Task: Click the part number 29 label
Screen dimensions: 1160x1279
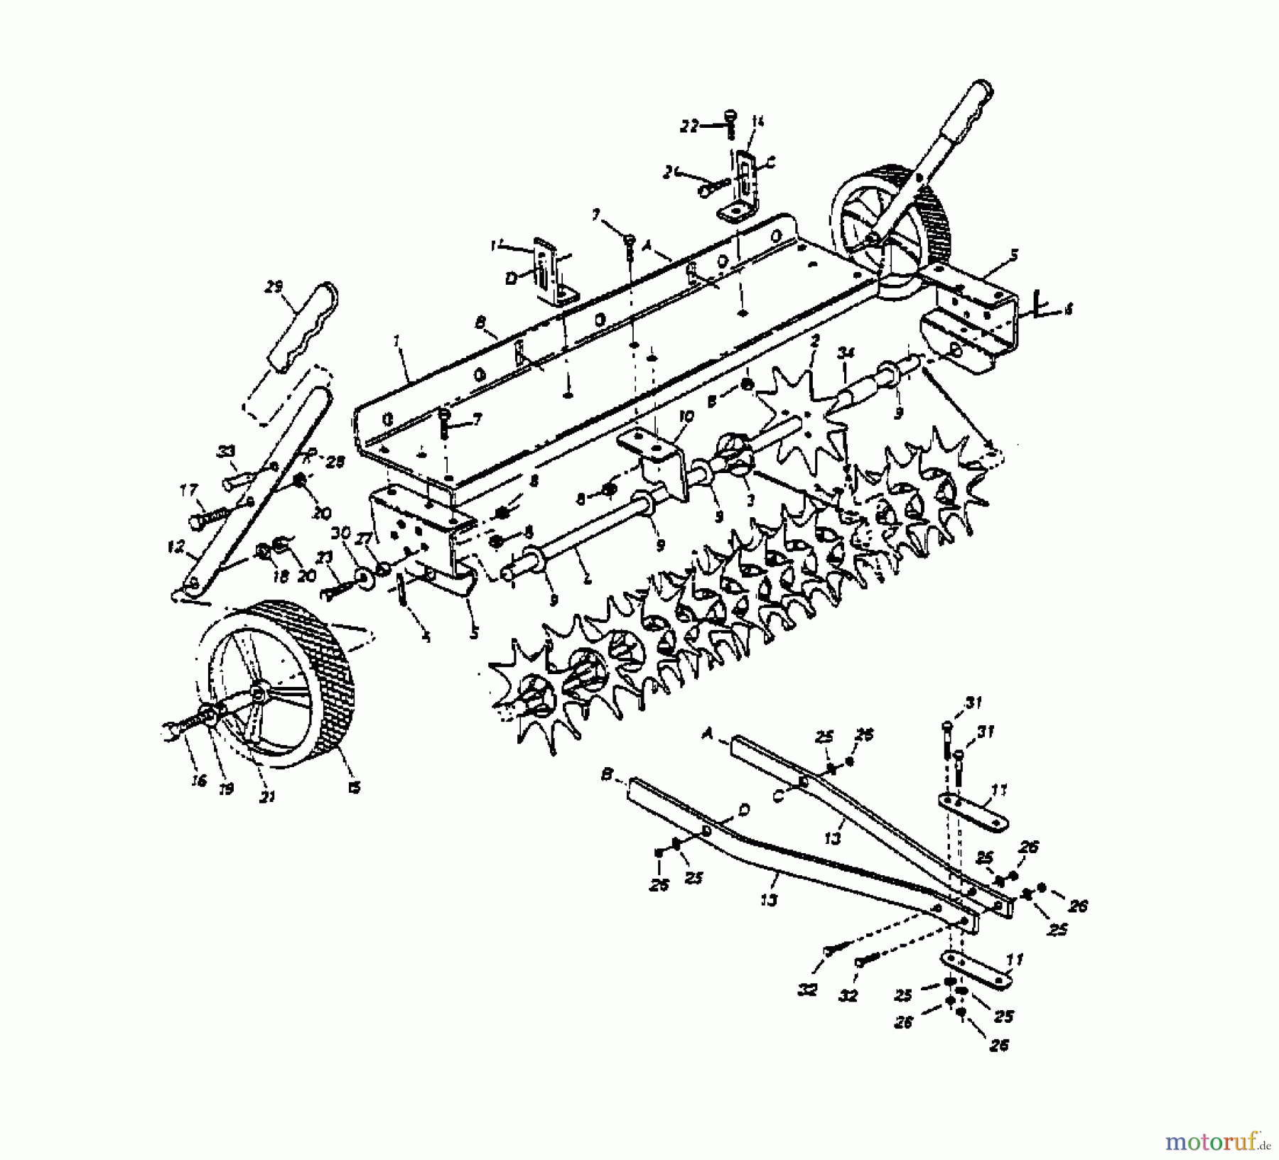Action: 273,287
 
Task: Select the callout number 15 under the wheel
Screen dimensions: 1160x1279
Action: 354,787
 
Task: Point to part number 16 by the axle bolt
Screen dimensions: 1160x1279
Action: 198,781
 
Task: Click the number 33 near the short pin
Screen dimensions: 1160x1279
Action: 226,451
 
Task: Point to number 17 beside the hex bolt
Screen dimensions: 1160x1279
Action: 188,490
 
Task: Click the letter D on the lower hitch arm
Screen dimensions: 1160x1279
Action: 743,810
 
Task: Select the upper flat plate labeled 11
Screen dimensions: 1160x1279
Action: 973,812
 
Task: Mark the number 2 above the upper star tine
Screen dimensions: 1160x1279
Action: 814,341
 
